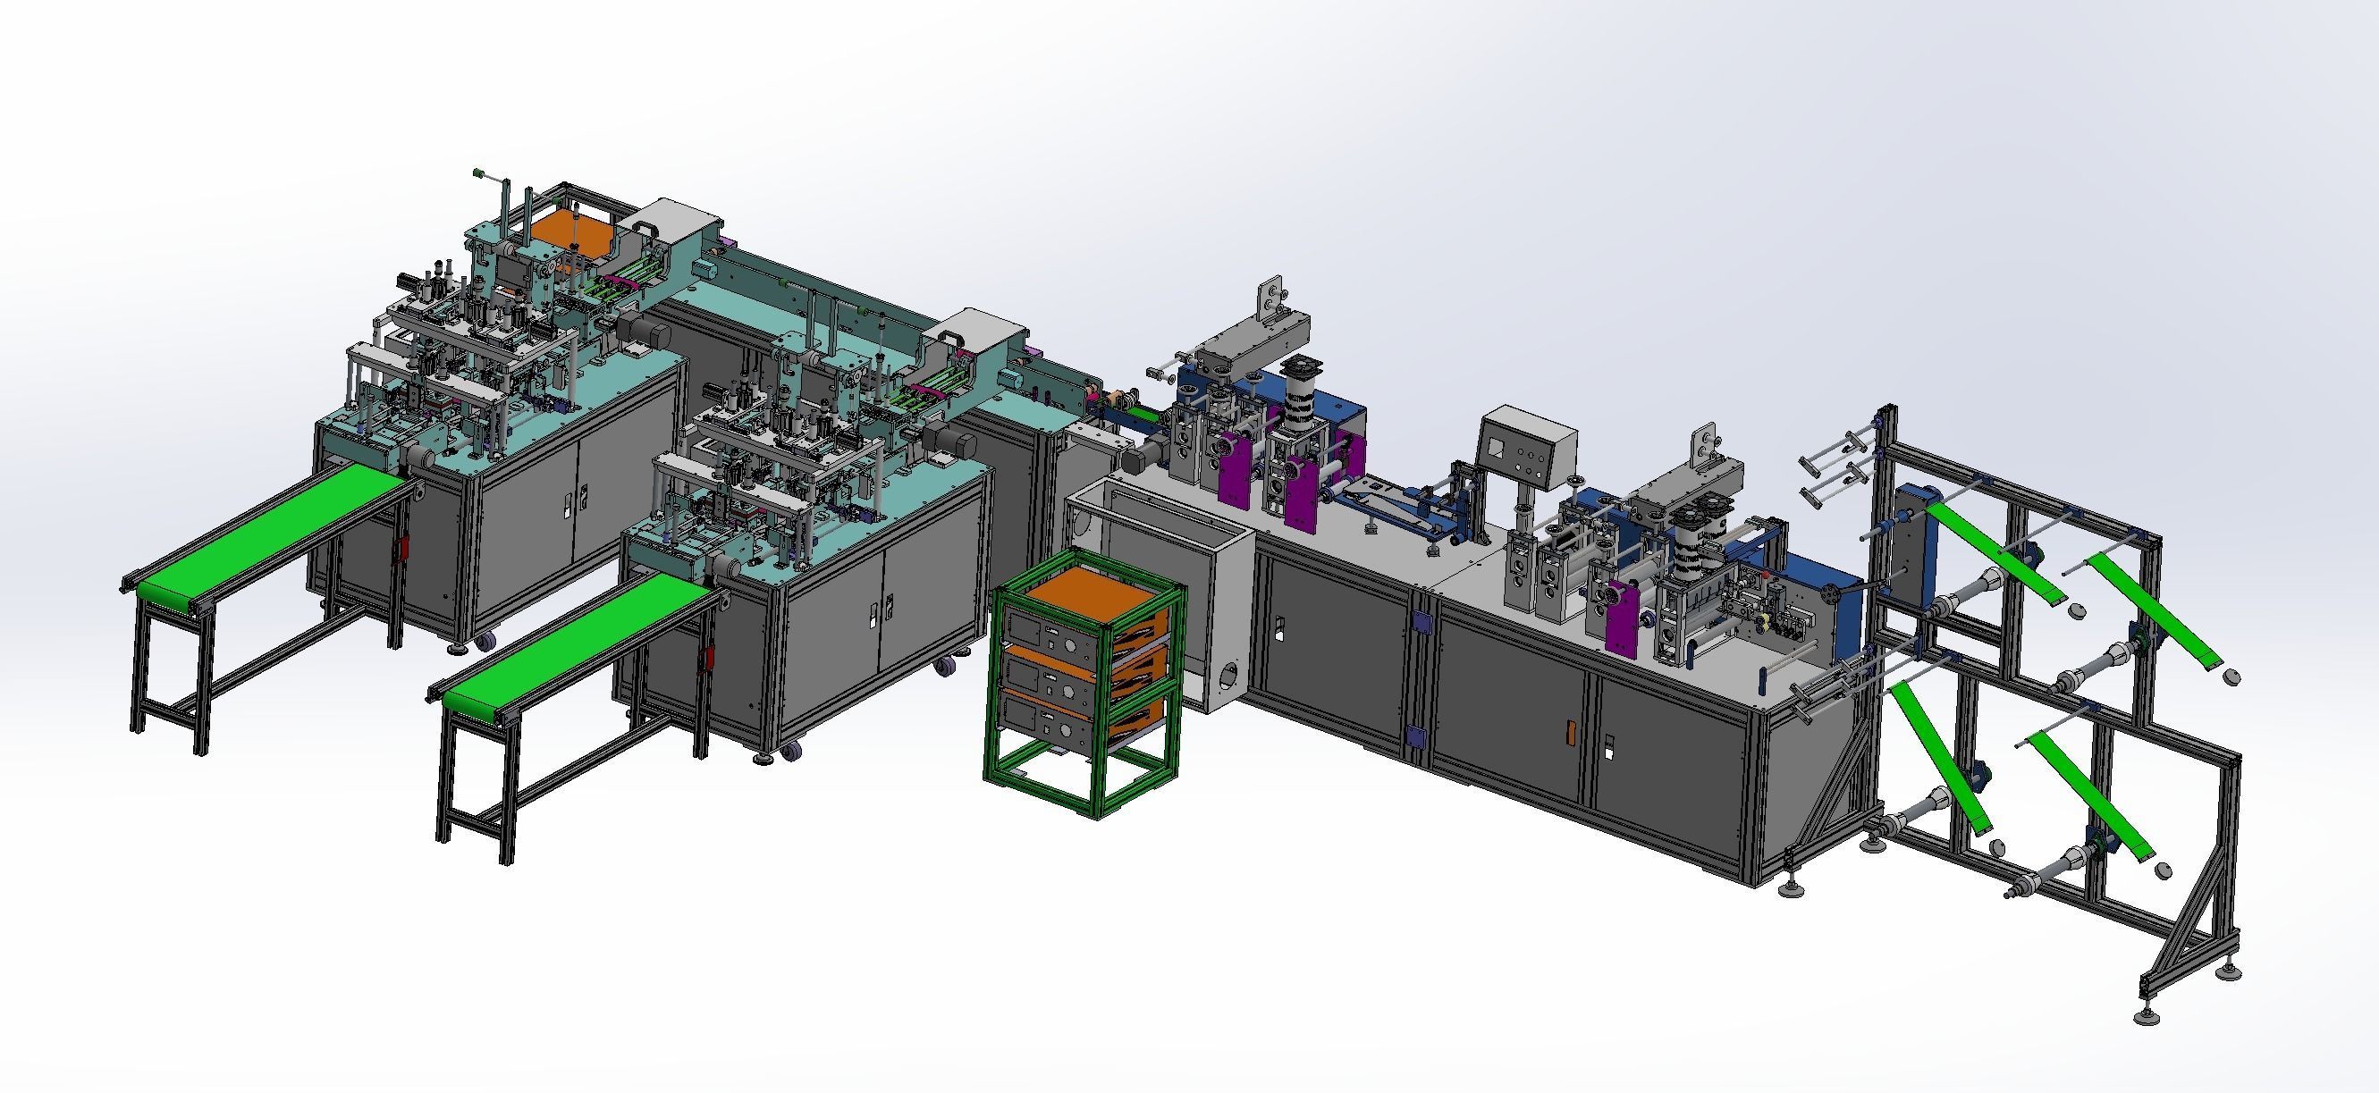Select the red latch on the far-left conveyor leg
click(x=402, y=551)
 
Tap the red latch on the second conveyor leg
click(x=710, y=658)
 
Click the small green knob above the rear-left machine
click(x=478, y=172)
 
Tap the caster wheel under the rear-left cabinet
click(x=486, y=639)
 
